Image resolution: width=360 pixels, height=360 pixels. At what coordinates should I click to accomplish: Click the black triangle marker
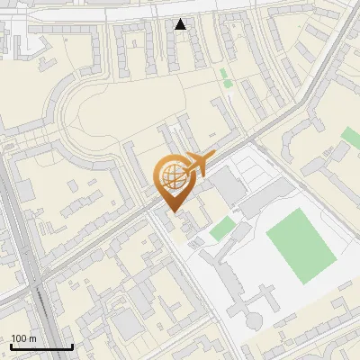181,24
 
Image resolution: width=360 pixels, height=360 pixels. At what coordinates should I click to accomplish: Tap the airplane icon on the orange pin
195,163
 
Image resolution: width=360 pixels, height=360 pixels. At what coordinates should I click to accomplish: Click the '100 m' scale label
23,338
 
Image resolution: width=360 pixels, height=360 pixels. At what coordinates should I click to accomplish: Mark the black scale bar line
41,346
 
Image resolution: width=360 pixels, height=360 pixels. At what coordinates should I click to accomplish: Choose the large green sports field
301,242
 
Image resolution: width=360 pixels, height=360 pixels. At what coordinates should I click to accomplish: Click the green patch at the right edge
351,137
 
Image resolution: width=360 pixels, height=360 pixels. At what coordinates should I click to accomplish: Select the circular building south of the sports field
254,319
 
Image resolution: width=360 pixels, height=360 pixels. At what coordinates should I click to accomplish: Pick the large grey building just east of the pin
228,186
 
